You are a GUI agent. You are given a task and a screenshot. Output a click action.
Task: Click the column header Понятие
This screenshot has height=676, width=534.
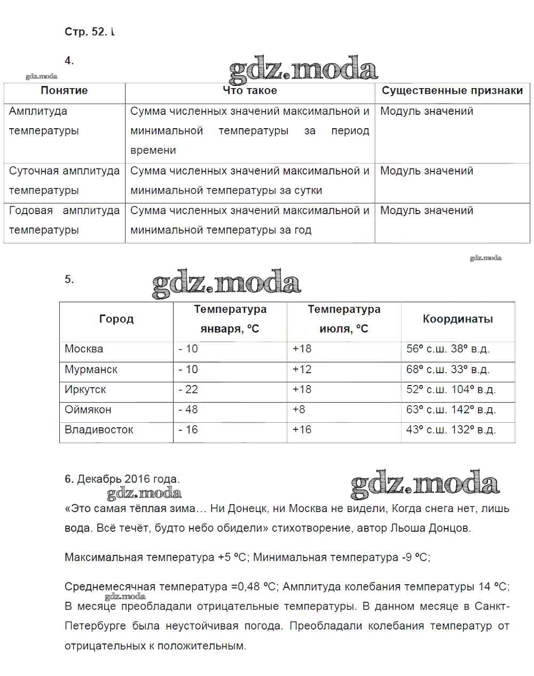64,91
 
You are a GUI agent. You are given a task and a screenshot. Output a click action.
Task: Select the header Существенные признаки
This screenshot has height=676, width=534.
452,91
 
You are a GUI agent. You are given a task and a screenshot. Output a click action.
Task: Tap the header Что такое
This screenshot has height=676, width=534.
249,91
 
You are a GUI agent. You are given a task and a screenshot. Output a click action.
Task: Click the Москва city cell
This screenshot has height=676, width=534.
84,349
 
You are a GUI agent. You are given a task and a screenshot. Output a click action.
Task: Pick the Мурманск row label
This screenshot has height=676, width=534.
91,370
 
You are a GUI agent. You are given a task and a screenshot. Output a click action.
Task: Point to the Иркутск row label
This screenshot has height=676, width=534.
85,390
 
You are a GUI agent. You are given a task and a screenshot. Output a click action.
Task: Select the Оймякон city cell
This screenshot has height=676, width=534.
88,410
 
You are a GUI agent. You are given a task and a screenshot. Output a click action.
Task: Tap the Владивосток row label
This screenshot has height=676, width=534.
99,430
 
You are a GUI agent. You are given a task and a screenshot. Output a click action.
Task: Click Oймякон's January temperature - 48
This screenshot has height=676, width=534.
188,410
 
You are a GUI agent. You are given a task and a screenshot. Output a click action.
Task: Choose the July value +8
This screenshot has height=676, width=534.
299,410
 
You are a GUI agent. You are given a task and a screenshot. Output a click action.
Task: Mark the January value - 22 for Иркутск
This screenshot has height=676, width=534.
188,390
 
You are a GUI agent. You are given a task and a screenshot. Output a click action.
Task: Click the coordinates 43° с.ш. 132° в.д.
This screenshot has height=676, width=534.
451,430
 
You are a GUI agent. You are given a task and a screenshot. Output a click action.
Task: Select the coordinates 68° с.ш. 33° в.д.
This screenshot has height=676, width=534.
447,370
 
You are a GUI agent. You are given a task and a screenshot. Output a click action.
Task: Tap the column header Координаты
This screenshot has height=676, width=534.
458,319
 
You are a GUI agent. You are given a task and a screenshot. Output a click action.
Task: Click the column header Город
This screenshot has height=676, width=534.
116,319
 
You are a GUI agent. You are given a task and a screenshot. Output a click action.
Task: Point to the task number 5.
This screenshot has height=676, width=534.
69,279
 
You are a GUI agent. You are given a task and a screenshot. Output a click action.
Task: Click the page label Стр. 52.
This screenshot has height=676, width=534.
85,32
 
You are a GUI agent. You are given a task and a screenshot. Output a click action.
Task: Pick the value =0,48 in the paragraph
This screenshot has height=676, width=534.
245,587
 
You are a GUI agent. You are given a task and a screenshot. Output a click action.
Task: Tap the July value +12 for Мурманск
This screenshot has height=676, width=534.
302,370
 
